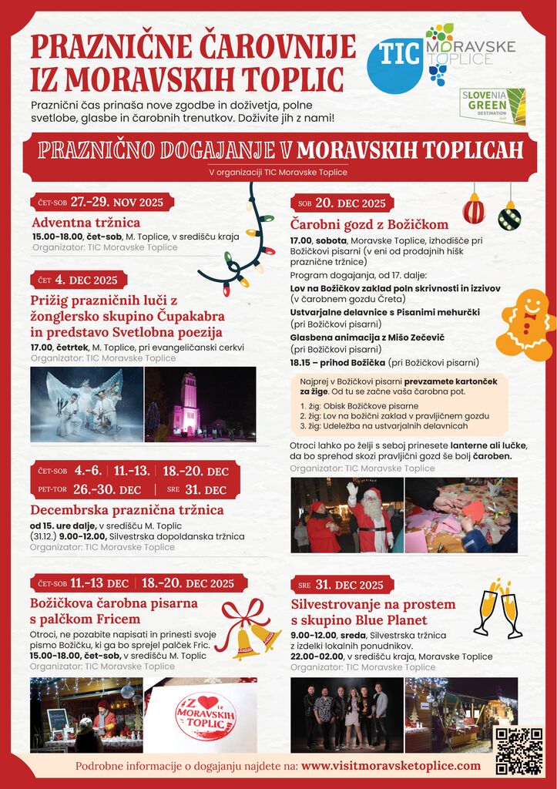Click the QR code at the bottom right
click(x=518, y=750)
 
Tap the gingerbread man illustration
click(x=526, y=324)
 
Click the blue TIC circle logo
click(x=394, y=65)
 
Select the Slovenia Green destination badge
click(x=492, y=106)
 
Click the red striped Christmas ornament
click(x=474, y=209)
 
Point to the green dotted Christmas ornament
click(x=509, y=216)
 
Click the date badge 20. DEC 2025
click(x=342, y=203)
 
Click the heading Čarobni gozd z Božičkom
click(x=369, y=224)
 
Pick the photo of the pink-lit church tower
click(x=200, y=404)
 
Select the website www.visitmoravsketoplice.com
click(x=391, y=766)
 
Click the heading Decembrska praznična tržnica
click(x=127, y=510)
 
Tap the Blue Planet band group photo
click(x=347, y=714)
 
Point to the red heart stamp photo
click(x=201, y=715)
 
